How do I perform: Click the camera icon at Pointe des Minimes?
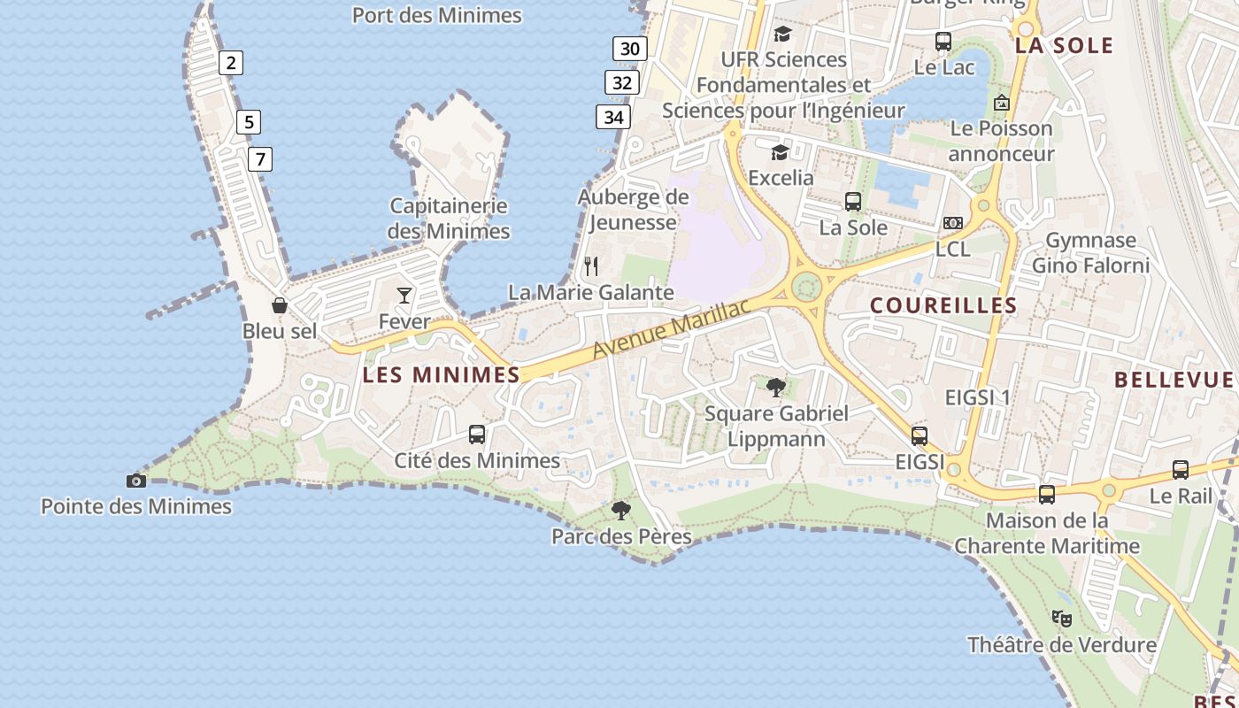point(136,481)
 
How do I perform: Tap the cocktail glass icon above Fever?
point(404,296)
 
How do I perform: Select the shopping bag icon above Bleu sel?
point(280,305)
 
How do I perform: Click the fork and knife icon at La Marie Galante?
point(591,265)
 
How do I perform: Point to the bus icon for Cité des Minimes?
point(477,435)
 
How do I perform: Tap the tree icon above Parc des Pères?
point(621,510)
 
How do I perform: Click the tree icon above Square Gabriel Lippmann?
point(776,387)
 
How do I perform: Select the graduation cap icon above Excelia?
point(780,152)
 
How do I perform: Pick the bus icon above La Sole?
point(853,202)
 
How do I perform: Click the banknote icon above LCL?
point(953,223)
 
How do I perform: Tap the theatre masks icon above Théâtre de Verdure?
point(1062,618)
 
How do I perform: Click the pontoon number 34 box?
point(612,117)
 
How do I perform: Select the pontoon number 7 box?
point(259,159)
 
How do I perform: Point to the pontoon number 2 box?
point(231,63)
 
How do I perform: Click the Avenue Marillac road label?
point(671,329)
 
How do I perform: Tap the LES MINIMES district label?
point(442,375)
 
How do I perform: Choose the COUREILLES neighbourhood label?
point(943,305)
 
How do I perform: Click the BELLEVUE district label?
point(1174,380)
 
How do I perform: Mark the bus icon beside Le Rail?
point(1181,470)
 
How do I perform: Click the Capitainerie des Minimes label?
point(450,219)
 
